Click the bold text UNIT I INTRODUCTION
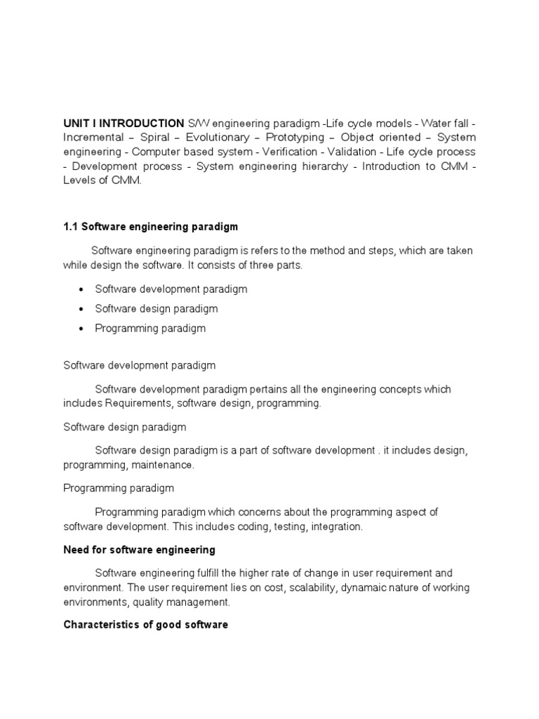124,123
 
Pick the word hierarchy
319,166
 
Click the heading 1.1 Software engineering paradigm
151,227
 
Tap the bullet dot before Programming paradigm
83,329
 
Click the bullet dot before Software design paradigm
83,309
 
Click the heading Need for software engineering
139,549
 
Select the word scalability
306,587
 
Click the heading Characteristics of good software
145,624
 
